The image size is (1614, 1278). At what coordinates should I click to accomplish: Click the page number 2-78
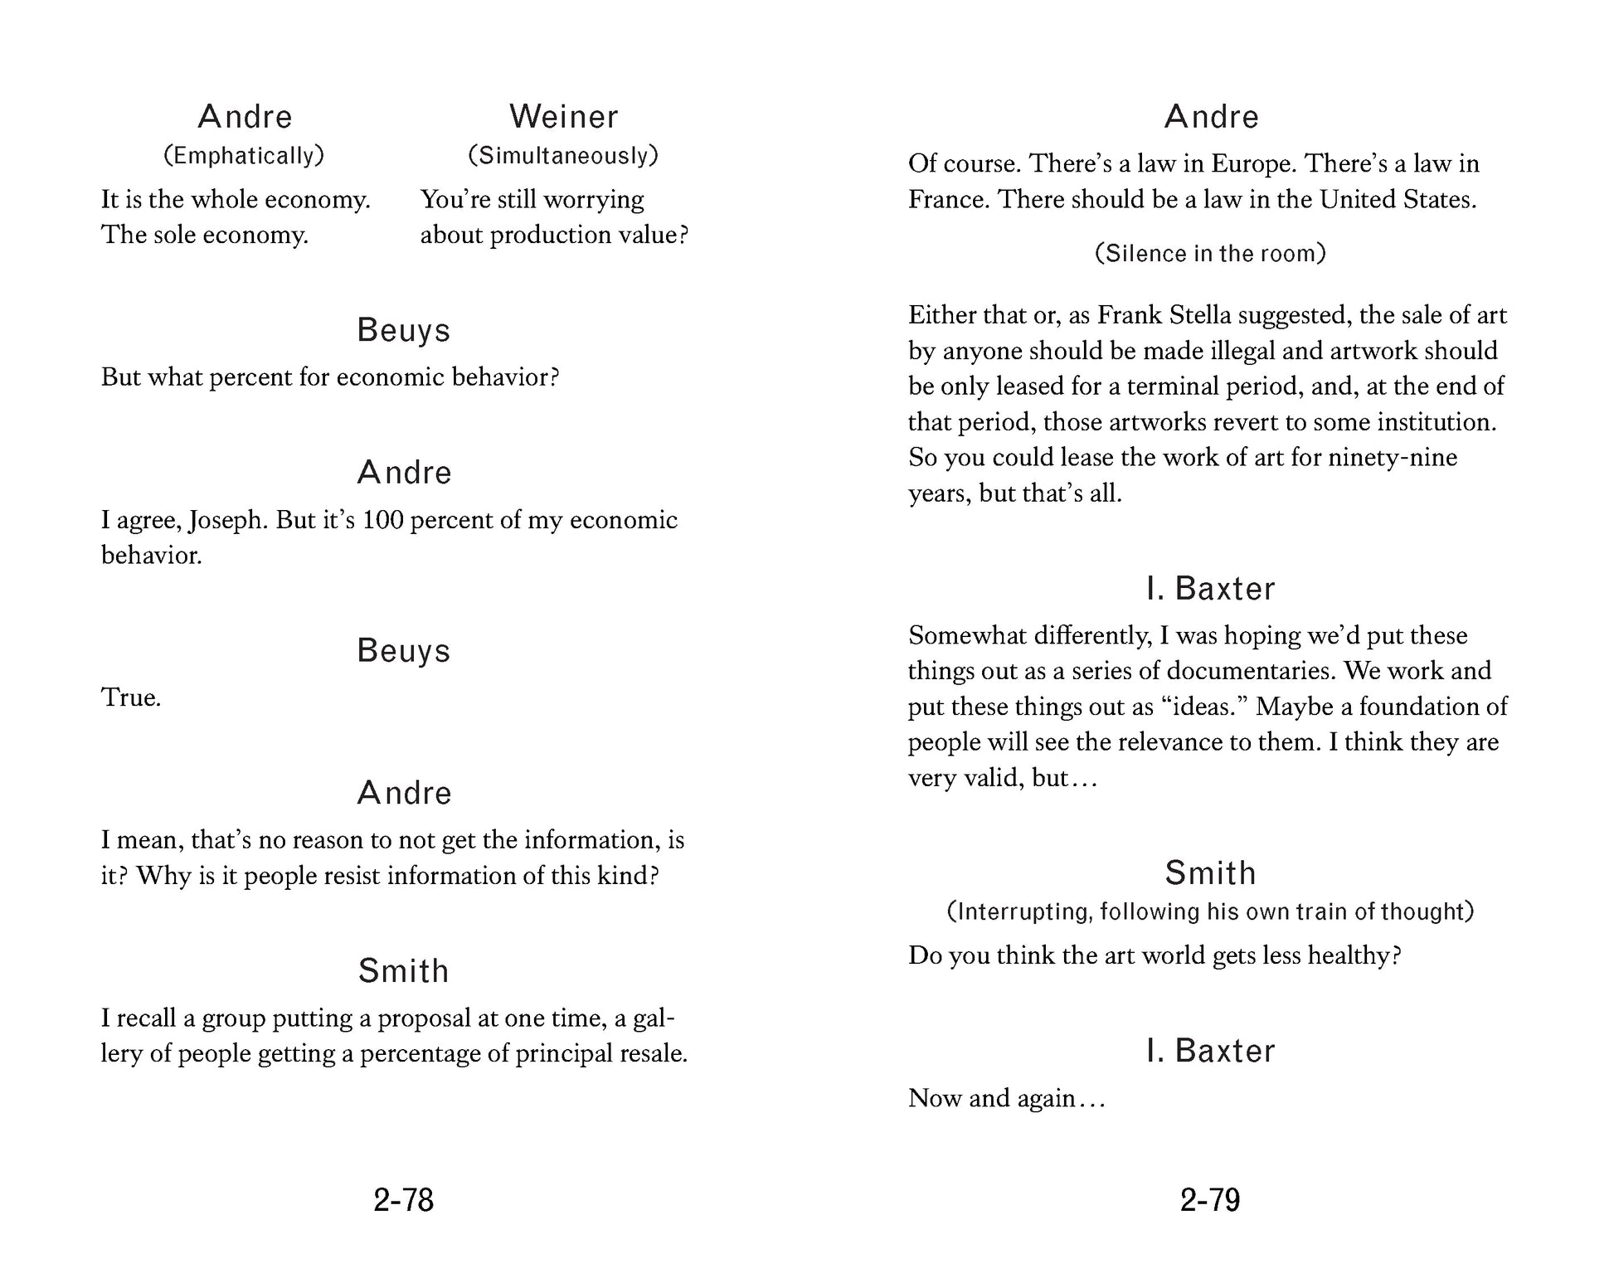coord(403,1200)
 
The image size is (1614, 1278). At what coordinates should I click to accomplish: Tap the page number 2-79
coord(1209,1200)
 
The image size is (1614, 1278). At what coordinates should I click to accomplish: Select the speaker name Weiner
coord(563,117)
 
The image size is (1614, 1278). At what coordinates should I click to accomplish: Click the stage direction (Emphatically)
coord(244,155)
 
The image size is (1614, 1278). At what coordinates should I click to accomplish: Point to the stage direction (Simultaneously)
coord(563,155)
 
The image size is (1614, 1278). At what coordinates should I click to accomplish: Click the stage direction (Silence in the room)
coord(1210,253)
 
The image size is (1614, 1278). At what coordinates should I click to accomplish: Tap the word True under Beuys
coord(130,697)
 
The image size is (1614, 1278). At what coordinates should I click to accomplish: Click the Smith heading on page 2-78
coord(403,971)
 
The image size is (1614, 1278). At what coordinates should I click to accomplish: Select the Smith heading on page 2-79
coord(1210,873)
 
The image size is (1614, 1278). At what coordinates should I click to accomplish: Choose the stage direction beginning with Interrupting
coord(1210,911)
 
